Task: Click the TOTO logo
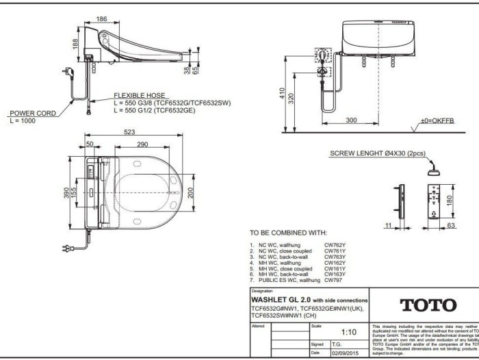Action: (x=422, y=305)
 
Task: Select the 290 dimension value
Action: (x=142, y=145)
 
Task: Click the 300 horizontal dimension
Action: (x=352, y=120)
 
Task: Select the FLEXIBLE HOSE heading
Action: (x=137, y=95)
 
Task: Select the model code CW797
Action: (x=332, y=280)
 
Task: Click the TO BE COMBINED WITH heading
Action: (x=288, y=233)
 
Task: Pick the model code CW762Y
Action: (x=335, y=244)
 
